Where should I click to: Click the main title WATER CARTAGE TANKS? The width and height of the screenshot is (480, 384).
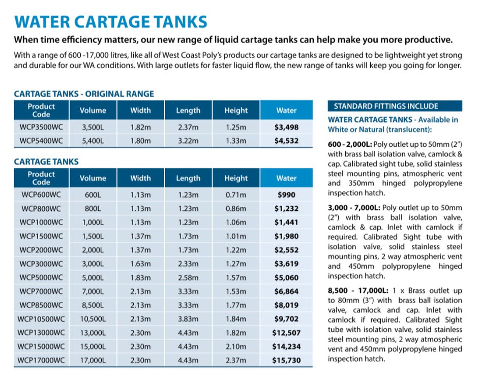click(110, 22)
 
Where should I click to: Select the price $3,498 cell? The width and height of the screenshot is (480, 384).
click(286, 127)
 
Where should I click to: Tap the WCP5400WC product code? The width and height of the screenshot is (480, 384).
click(41, 141)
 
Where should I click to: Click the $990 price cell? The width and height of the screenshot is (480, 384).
click(286, 195)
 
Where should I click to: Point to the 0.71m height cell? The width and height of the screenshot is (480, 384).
click(236, 195)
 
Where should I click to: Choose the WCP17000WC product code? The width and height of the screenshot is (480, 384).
click(41, 360)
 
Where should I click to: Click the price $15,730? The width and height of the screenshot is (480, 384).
click(286, 360)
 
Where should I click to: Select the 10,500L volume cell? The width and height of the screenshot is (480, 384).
click(93, 319)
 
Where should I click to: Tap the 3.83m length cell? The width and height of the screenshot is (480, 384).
click(188, 319)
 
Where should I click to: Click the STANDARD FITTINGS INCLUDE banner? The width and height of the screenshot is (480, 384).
click(395, 106)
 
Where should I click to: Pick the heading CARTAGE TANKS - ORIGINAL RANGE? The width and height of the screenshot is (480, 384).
click(84, 94)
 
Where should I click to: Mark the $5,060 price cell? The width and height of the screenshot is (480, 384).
click(286, 277)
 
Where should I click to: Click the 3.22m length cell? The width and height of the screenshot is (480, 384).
click(188, 141)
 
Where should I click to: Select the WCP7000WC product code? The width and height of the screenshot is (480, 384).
click(41, 292)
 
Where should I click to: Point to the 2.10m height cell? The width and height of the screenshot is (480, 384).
click(236, 346)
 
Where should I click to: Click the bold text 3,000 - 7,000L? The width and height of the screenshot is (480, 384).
click(353, 208)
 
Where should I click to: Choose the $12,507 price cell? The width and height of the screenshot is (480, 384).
click(286, 333)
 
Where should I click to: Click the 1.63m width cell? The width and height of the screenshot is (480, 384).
click(140, 264)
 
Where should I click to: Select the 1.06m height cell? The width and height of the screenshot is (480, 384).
click(236, 222)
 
